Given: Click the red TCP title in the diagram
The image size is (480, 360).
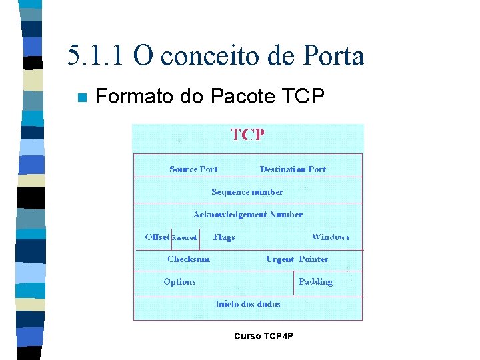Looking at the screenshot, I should (x=247, y=135).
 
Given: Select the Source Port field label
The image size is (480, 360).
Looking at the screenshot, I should (x=193, y=169).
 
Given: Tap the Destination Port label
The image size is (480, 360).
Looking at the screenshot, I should (x=293, y=169).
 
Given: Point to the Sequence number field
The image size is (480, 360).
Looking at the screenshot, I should (x=247, y=192).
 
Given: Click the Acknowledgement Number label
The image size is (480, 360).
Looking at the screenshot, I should (x=247, y=215).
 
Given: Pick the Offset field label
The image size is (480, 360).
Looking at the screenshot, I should (x=157, y=237).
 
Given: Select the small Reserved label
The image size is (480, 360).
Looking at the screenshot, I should (x=184, y=238).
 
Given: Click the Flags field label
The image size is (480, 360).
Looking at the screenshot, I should (x=224, y=237).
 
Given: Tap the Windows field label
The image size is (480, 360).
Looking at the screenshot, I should (x=331, y=237).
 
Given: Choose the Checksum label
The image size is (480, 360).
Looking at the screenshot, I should (x=189, y=259).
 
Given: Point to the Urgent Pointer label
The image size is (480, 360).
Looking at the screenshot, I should (x=297, y=259).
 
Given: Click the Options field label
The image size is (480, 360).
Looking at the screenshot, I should (x=179, y=282).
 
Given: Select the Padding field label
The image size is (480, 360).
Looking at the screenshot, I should (x=315, y=282).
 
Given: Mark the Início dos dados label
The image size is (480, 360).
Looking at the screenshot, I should (x=247, y=304).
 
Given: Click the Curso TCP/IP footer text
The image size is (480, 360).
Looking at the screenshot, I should (x=263, y=336).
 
